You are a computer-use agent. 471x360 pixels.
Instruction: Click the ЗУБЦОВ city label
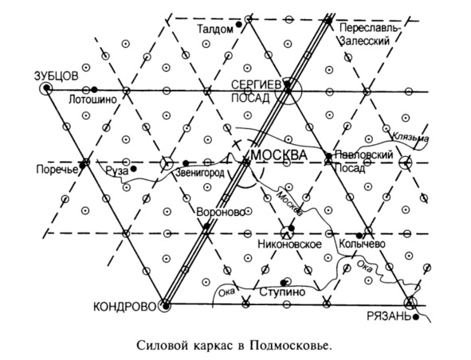point(56,76)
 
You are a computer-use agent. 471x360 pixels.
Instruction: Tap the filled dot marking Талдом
point(239,25)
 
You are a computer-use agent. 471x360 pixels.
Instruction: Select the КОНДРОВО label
point(125,307)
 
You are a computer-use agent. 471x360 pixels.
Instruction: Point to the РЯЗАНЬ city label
point(389,316)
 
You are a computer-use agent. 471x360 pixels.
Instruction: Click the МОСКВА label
point(279,155)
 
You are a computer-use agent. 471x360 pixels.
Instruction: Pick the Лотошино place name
point(92,100)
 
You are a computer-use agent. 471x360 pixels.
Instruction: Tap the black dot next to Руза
point(133,169)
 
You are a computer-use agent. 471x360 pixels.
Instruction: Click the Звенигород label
point(200,173)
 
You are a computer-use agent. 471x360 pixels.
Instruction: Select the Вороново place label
point(221,213)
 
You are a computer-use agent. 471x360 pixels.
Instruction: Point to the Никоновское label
point(289,244)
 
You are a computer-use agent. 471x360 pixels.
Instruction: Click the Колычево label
point(362,244)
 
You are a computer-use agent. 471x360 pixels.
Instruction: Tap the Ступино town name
point(282,292)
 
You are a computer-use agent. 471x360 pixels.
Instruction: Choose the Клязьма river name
point(410,137)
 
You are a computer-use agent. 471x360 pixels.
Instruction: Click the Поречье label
point(57,170)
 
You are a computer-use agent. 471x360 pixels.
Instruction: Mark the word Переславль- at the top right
point(370,28)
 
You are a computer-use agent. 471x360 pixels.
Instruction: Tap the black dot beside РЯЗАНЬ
point(416,317)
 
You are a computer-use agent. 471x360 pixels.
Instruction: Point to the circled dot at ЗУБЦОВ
point(46,88)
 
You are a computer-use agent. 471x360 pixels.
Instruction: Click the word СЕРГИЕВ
point(257,85)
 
